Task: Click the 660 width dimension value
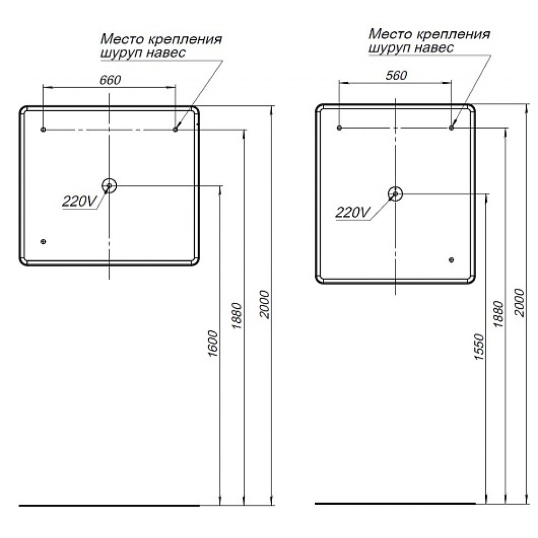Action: [110, 80]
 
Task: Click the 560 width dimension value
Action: [396, 75]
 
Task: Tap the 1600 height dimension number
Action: [213, 343]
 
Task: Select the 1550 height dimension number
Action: [479, 346]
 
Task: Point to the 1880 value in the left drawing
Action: [237, 316]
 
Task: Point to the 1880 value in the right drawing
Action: [498, 314]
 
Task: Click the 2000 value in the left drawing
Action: [265, 305]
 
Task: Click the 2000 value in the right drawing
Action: [520, 303]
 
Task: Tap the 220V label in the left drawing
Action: [80, 201]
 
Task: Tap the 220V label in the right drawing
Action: [353, 213]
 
